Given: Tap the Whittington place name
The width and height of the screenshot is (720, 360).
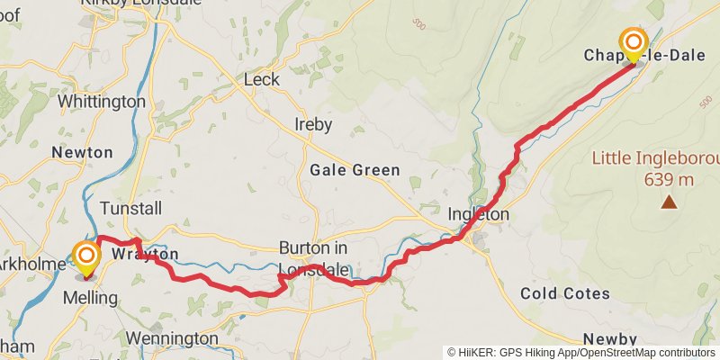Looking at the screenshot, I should pos(101,102).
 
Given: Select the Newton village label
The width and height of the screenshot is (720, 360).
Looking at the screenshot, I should pos(82,152).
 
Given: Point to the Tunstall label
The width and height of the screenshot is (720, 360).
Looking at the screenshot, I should pos(131,209).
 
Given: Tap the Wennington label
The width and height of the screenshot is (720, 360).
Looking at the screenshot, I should pos(172,338).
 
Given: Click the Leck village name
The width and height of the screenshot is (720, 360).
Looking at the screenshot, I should pos(262,80).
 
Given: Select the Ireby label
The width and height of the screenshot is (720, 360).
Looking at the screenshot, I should pos(313,124).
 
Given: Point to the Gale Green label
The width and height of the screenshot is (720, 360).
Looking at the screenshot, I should pos(355,169).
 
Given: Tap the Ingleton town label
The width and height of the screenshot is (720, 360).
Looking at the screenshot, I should pos(479,215).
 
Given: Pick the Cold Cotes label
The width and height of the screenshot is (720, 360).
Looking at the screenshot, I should pos(565,293).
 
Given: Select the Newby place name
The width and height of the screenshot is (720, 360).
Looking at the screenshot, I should pos(609,338).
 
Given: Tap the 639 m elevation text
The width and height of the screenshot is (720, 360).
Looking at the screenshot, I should pos(669,179).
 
